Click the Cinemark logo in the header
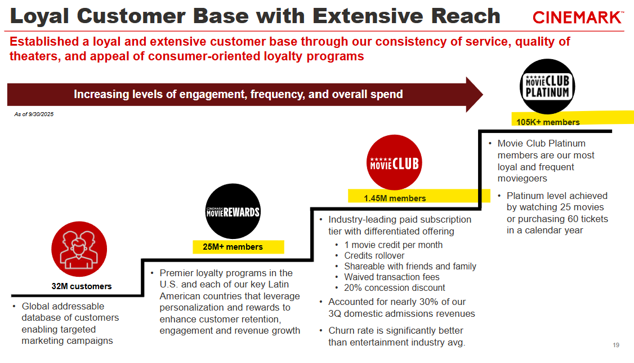pos(578,17)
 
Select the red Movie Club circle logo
pos(394,163)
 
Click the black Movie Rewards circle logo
pos(233,211)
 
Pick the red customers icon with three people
pos(79,249)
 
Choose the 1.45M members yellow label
pos(394,198)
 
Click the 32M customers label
pos(82,286)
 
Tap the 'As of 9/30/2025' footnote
pos(34,114)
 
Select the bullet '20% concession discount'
pos(394,287)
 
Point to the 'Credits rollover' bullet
pos(374,255)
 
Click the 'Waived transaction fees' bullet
pos(391,277)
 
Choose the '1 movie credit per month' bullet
pos(393,245)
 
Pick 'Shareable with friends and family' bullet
pos(410,266)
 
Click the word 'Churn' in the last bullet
pos(343,330)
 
